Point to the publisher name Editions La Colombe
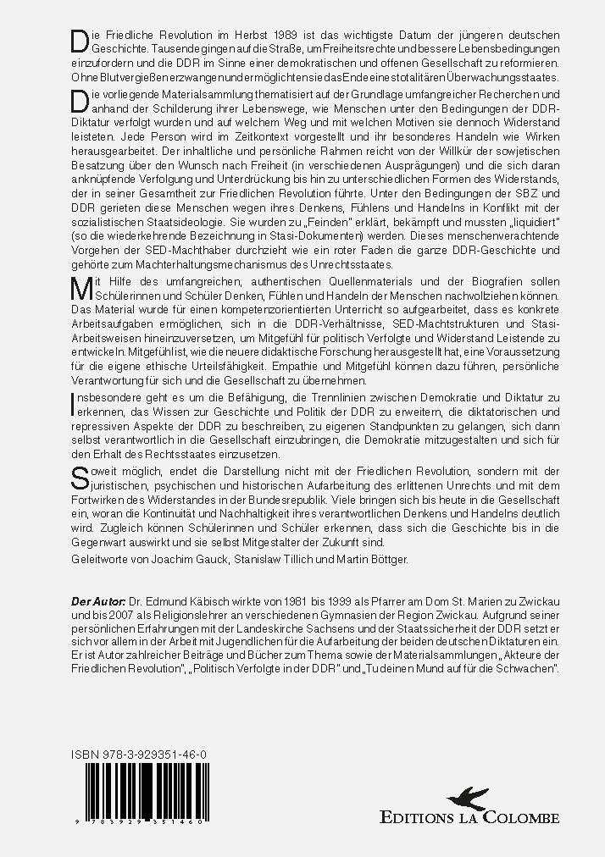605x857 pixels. coord(469,818)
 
